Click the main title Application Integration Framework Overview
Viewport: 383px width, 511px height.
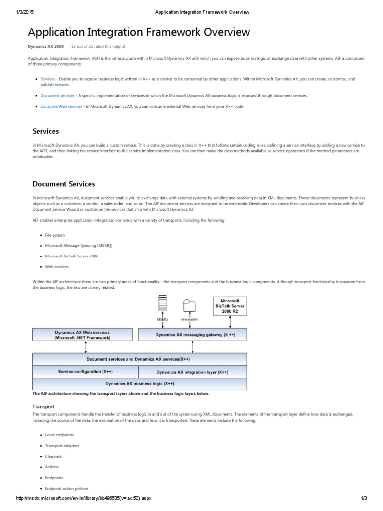point(139,33)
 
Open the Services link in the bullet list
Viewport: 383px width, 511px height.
point(48,79)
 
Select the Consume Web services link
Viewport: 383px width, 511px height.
point(61,106)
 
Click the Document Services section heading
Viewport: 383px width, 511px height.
point(63,184)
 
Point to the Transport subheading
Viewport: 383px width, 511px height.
point(43,407)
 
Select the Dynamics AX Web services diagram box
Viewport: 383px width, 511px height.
point(83,335)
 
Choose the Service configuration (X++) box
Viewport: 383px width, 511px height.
point(85,372)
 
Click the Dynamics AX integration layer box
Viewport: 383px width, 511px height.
point(192,372)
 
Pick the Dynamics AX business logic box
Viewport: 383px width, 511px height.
point(140,384)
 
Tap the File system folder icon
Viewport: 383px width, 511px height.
point(189,306)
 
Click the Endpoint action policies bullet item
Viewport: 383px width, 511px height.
point(67,488)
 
